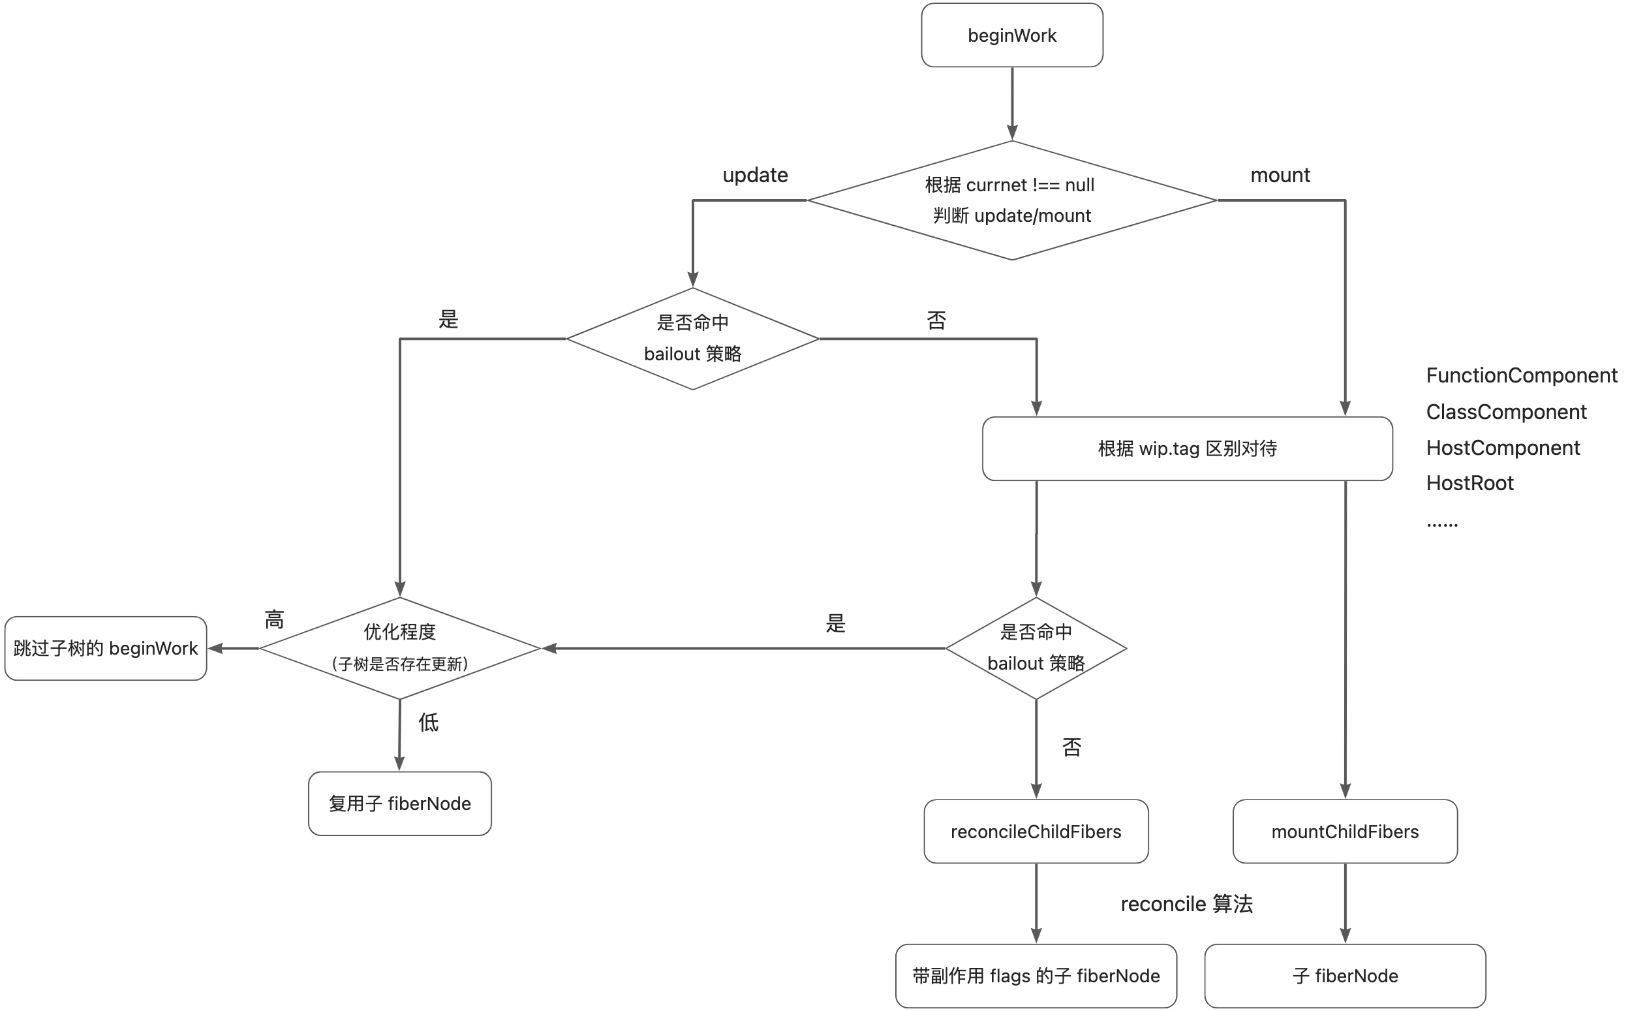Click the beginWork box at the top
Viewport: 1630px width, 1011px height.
pyautogui.click(x=1011, y=35)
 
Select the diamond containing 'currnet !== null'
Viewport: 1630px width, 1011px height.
pyautogui.click(x=1011, y=200)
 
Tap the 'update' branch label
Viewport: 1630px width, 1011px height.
pyautogui.click(x=755, y=175)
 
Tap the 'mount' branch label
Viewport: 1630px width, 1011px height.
pyautogui.click(x=1280, y=175)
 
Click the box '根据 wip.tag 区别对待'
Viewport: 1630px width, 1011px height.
pyautogui.click(x=1187, y=448)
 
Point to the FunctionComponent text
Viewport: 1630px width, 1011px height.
pyautogui.click(x=1521, y=376)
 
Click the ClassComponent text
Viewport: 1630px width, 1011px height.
pyautogui.click(x=1506, y=412)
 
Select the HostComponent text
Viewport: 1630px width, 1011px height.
pyautogui.click(x=1503, y=448)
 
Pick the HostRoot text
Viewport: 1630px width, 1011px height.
pyautogui.click(x=1469, y=484)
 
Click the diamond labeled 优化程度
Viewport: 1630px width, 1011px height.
pyautogui.click(x=399, y=647)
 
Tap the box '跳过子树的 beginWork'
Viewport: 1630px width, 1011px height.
pyautogui.click(x=106, y=648)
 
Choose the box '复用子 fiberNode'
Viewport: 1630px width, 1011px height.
pyautogui.click(x=399, y=803)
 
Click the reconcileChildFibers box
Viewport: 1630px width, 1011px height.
pyautogui.click(x=1036, y=831)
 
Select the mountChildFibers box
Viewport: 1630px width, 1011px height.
pyautogui.click(x=1345, y=831)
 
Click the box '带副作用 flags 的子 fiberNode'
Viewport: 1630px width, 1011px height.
pyautogui.click(x=1036, y=976)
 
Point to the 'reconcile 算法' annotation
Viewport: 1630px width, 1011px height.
pyautogui.click(x=1186, y=904)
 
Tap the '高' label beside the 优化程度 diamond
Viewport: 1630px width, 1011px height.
pyautogui.click(x=274, y=620)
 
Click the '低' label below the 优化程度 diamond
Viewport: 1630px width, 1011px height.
pyautogui.click(x=427, y=722)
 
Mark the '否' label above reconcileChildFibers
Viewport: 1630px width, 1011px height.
pyautogui.click(x=1071, y=747)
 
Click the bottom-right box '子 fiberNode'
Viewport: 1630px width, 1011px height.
pyautogui.click(x=1345, y=976)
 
